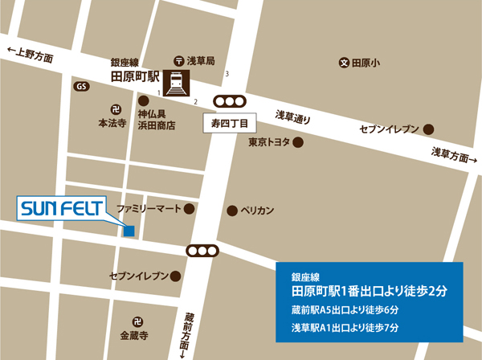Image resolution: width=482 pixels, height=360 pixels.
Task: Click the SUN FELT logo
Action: pos(61,209)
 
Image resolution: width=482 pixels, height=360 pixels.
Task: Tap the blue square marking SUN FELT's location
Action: pos(129,231)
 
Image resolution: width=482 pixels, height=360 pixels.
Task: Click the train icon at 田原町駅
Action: pos(176,82)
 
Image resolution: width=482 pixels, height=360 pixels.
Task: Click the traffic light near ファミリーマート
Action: pos(202,251)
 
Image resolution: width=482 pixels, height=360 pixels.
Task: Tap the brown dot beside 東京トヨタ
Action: pos(297,143)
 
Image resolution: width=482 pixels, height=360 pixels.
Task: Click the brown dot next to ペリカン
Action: pos(232,211)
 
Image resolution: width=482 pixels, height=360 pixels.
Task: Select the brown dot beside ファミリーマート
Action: pos(190,209)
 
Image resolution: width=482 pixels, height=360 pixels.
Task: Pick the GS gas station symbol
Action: pos(81,86)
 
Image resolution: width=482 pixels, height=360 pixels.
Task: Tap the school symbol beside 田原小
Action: pos(343,62)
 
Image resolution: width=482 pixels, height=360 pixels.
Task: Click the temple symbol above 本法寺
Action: pos(114,109)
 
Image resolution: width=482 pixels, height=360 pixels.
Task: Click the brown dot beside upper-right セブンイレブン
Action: pos(431,129)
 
